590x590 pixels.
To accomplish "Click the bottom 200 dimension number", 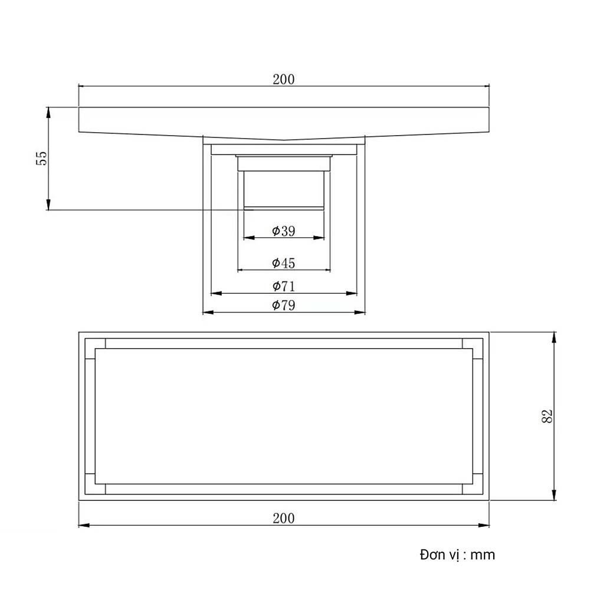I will (284, 519).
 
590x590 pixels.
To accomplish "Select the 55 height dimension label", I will (41, 158).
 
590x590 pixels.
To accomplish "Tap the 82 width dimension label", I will (547, 417).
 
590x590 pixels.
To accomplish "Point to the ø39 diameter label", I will (284, 231).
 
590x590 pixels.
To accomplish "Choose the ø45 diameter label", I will (284, 263).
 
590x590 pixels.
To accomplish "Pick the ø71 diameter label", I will (284, 287).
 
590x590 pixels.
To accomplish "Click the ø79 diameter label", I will (284, 305).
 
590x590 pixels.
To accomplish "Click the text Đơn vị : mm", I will (457, 555).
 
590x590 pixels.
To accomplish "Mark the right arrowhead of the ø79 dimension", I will (362, 312).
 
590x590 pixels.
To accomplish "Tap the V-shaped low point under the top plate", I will (284, 140).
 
